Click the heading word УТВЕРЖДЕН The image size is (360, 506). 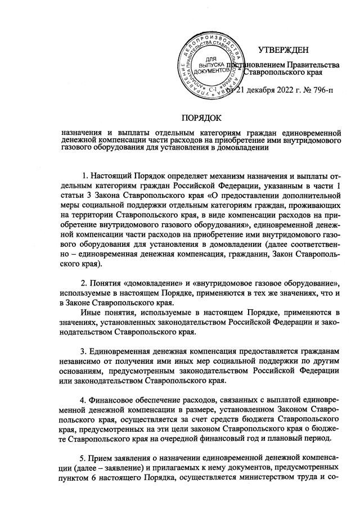point(283,51)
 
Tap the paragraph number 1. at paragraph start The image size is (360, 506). point(84,171)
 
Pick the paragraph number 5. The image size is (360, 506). point(84,456)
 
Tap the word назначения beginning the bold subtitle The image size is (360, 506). point(83,133)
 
